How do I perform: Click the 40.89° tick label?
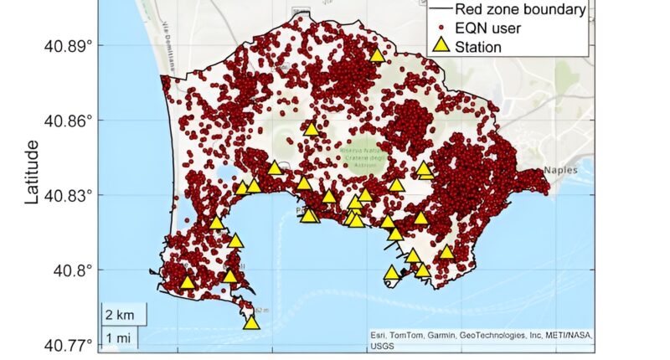pos(67,45)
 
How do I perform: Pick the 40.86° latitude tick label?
pos(67,121)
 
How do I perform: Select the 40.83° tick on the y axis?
pos(67,195)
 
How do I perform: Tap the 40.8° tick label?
pos(70,270)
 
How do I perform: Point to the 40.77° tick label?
pos(67,345)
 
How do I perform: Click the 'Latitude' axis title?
pos(32,172)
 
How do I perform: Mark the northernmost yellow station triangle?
pos(378,55)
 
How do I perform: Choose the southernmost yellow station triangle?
pos(251,321)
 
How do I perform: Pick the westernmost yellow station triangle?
pos(188,281)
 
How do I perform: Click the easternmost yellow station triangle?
pos(447,251)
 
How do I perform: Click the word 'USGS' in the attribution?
pos(383,344)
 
